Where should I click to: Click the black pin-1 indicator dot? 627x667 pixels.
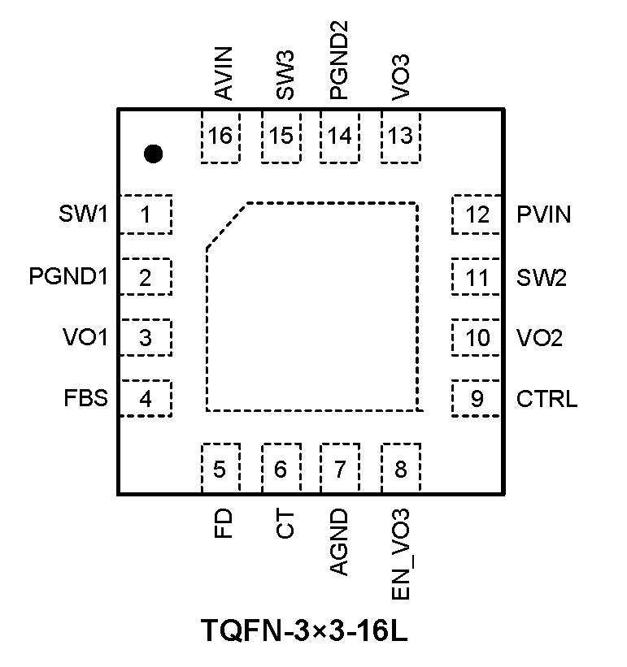tap(153, 154)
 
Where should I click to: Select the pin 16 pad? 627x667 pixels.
tap(220, 137)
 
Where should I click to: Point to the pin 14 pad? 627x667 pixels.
tap(341, 137)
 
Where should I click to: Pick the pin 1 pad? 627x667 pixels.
tap(146, 215)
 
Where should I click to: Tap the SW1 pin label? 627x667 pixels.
tap(83, 215)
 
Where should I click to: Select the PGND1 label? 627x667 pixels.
tap(68, 277)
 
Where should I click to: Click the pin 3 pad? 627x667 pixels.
tap(146, 338)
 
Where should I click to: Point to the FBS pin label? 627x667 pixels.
tap(86, 399)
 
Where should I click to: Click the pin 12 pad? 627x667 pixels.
tap(478, 215)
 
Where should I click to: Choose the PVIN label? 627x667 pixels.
tap(544, 215)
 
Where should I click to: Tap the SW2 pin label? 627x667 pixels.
tap(542, 277)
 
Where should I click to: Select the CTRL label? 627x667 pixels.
tap(547, 399)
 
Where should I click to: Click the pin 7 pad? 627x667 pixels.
tap(341, 469)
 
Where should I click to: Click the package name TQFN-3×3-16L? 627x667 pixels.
tap(303, 630)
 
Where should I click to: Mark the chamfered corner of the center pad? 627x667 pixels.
tap(226, 224)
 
